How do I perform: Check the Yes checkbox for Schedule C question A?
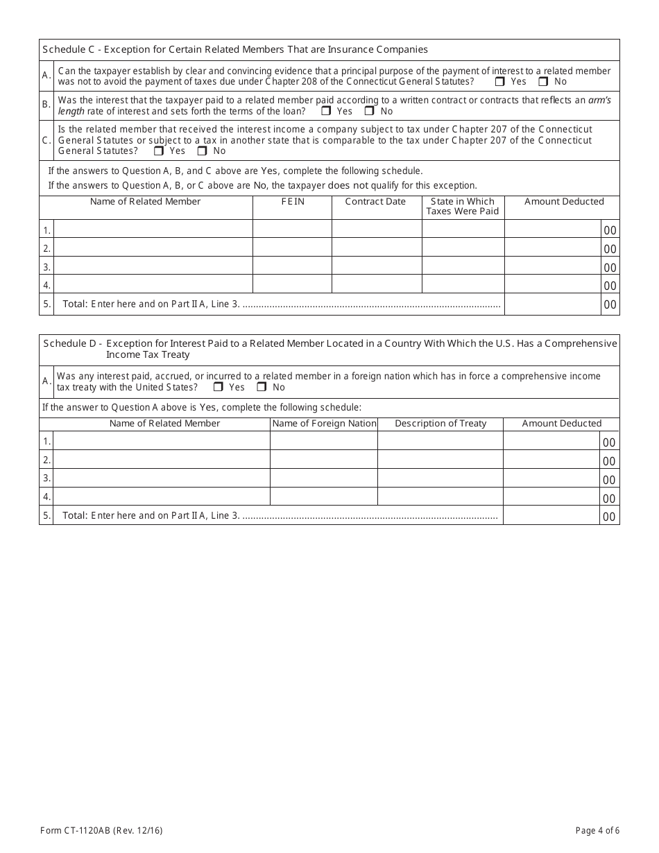(x=500, y=81)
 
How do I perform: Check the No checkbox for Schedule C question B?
(x=370, y=111)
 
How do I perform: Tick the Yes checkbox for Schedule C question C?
(x=159, y=150)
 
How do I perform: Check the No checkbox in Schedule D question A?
(x=262, y=387)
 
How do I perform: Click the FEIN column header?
(x=292, y=202)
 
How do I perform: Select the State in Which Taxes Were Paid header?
(x=462, y=206)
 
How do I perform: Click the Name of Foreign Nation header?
(x=324, y=423)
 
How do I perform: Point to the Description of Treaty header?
(x=440, y=423)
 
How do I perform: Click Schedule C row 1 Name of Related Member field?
(x=153, y=230)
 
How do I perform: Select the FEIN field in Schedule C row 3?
(x=292, y=267)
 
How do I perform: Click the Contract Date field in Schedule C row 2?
(x=377, y=248)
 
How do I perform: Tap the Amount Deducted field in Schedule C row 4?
(x=552, y=285)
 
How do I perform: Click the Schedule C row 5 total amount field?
(x=552, y=304)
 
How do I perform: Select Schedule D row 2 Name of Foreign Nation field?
(x=323, y=460)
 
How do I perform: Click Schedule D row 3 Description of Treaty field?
(x=440, y=479)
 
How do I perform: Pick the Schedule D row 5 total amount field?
(x=551, y=516)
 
